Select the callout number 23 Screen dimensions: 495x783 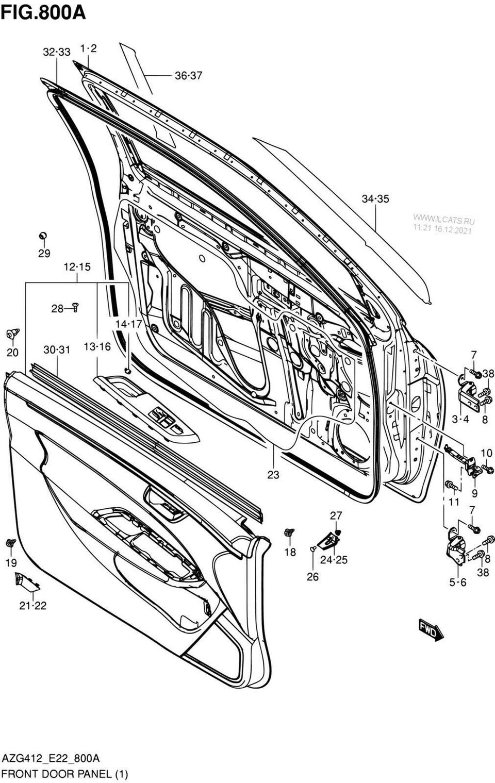click(x=273, y=475)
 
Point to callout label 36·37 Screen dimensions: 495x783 click(x=188, y=75)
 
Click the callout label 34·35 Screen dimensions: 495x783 click(x=375, y=199)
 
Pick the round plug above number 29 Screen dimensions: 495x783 click(x=43, y=236)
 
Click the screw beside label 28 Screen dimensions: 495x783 click(x=75, y=307)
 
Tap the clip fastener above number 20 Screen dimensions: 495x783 click(x=13, y=334)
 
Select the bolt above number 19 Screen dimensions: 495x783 click(x=11, y=543)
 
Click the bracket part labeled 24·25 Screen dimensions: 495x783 click(x=327, y=541)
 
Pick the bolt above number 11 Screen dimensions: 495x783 click(x=451, y=485)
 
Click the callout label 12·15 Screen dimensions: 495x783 click(x=77, y=267)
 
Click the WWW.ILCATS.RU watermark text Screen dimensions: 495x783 click(x=443, y=220)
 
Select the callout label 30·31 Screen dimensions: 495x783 click(x=57, y=349)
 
